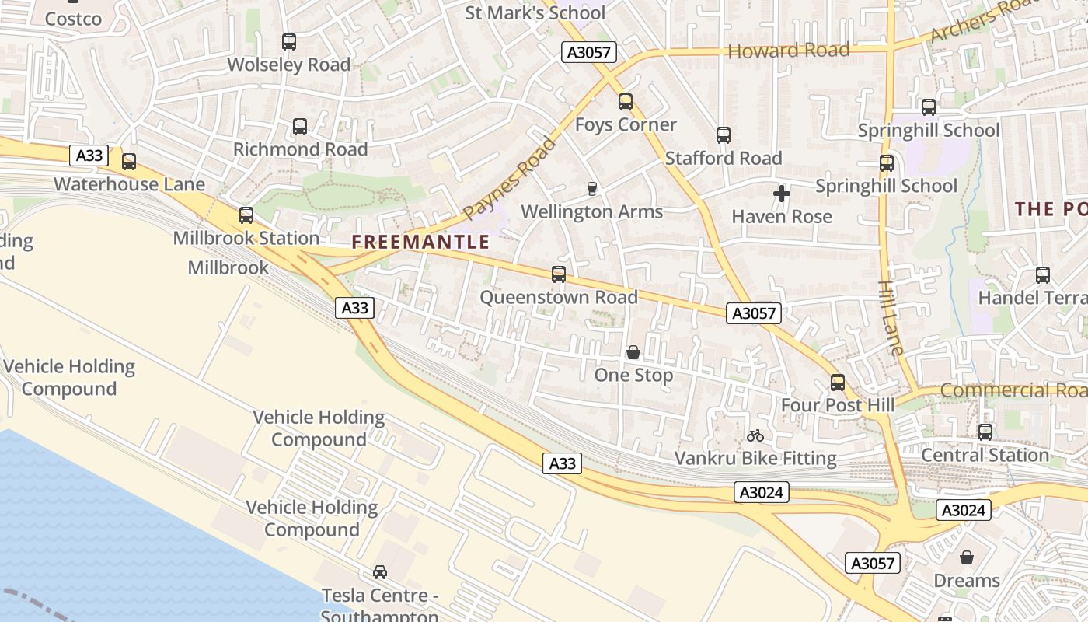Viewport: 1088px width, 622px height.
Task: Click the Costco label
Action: pyautogui.click(x=73, y=19)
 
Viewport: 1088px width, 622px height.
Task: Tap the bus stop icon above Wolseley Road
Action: pyautogui.click(x=289, y=42)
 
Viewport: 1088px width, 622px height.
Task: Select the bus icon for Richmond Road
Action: pyautogui.click(x=300, y=127)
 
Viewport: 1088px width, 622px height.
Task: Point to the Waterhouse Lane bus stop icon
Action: pyautogui.click(x=129, y=162)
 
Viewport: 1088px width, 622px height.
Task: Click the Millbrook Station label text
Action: pyautogui.click(x=246, y=238)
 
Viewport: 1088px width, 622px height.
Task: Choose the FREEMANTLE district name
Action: pyautogui.click(x=420, y=242)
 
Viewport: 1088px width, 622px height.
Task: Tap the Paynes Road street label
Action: pyautogui.click(x=510, y=178)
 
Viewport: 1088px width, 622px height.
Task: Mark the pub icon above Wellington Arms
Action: pyautogui.click(x=591, y=189)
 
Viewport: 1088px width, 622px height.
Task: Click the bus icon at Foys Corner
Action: pyautogui.click(x=626, y=102)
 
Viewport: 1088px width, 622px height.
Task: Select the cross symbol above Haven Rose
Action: pyautogui.click(x=782, y=194)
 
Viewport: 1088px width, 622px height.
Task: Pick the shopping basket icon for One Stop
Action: pyautogui.click(x=633, y=352)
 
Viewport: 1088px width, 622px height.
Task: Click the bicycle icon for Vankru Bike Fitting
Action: pyautogui.click(x=755, y=435)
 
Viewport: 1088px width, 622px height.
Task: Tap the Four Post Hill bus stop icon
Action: pyautogui.click(x=838, y=383)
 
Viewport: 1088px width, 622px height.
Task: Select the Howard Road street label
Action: pyautogui.click(x=788, y=51)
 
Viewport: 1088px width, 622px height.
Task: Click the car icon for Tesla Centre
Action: pyautogui.click(x=380, y=572)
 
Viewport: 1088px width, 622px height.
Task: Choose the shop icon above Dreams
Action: pyautogui.click(x=967, y=557)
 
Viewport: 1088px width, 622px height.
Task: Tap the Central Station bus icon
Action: pyautogui.click(x=985, y=432)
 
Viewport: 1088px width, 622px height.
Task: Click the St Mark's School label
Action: pyautogui.click(x=535, y=12)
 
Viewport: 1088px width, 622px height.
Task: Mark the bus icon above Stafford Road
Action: pyautogui.click(x=724, y=135)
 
